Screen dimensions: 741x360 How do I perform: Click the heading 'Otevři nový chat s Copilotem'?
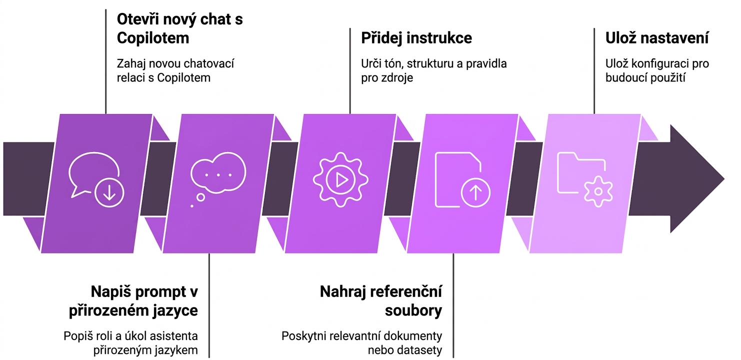pos(179,28)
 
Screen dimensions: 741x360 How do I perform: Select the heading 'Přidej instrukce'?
pos(416,37)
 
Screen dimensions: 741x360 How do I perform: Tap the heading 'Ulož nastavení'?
pos(656,37)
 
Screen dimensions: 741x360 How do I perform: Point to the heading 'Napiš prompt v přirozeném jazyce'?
pos(133,301)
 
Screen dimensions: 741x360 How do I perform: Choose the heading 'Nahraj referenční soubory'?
pos(381,301)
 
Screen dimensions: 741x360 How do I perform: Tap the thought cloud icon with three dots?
pos(218,178)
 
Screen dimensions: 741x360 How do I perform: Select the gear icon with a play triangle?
pos(340,179)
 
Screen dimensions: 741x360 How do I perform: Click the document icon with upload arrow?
pos(462,179)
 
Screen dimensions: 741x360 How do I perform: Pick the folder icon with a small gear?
pos(584,179)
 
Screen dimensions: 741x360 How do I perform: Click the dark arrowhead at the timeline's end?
pos(697,178)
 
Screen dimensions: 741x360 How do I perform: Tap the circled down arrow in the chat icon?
pos(109,193)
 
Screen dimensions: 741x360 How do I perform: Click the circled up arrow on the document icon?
pos(475,193)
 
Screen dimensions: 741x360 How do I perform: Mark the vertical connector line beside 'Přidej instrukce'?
pos(350,71)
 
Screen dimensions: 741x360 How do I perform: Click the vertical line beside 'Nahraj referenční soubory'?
pos(453,305)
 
